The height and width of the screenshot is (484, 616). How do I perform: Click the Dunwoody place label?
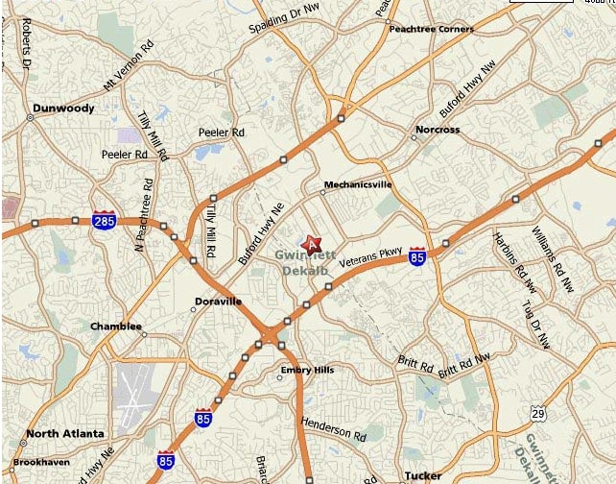click(x=63, y=109)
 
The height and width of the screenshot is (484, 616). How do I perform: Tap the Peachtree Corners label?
click(x=431, y=29)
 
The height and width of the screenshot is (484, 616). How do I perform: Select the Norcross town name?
click(x=438, y=130)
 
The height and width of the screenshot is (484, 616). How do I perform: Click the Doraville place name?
click(x=219, y=302)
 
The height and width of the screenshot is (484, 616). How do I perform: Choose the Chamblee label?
click(x=115, y=327)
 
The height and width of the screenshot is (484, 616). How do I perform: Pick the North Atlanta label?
click(x=65, y=434)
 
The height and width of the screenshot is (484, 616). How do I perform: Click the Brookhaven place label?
click(x=41, y=462)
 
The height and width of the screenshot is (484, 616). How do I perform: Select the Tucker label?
click(x=423, y=475)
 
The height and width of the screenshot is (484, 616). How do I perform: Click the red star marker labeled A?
click(x=311, y=245)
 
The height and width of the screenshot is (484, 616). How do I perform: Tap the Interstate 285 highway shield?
click(x=105, y=221)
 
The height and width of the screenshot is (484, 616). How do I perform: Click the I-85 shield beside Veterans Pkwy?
click(x=417, y=256)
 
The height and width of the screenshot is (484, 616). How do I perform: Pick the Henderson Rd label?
click(x=334, y=428)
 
